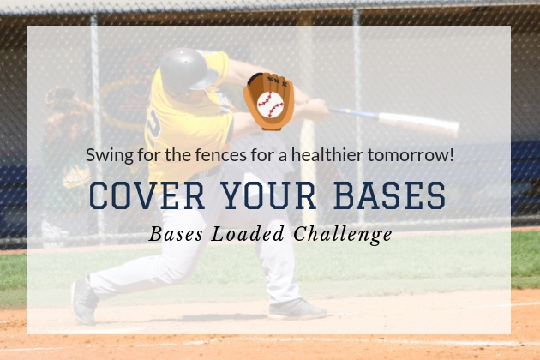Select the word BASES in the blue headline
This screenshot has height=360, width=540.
[390, 195]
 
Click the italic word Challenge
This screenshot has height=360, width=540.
[343, 235]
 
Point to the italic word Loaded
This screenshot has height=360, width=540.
[248, 233]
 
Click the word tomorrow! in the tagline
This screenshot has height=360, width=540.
[411, 154]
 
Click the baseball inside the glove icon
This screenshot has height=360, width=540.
[270, 105]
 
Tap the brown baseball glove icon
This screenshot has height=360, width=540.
[268, 101]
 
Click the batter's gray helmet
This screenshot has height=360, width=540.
[189, 69]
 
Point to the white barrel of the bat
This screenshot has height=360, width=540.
[419, 123]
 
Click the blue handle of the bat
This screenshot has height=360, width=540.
[353, 113]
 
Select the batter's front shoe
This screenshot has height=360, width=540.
[297, 309]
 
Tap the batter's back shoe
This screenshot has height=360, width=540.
[83, 301]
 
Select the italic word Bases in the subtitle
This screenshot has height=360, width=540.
[176, 234]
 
